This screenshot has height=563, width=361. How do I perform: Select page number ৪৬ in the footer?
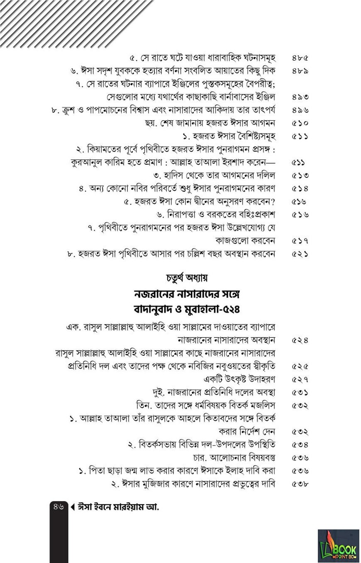[x=58, y=506]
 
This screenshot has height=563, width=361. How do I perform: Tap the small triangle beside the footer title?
[x=73, y=507]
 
